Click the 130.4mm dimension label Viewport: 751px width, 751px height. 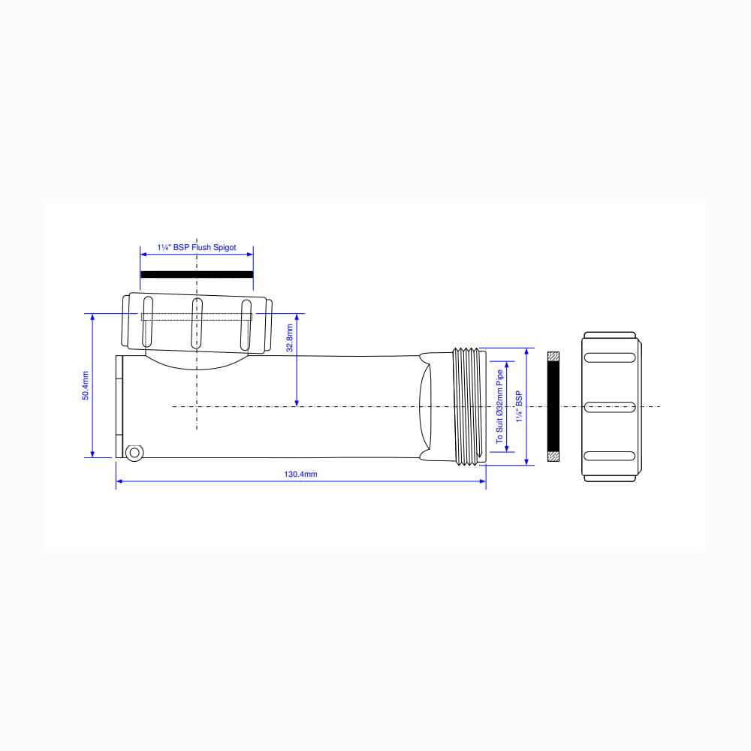point(300,474)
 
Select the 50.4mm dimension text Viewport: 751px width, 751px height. point(86,385)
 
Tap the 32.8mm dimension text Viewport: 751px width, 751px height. point(290,338)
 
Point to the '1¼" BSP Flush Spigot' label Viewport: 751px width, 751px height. point(197,248)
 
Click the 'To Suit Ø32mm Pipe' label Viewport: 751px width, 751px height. point(499,406)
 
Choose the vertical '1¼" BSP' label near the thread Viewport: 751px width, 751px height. point(519,406)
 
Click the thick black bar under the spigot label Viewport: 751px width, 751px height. point(197,274)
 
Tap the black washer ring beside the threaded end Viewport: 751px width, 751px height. point(553,406)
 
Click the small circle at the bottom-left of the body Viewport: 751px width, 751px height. point(134,453)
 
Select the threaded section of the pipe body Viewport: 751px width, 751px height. point(467,406)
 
